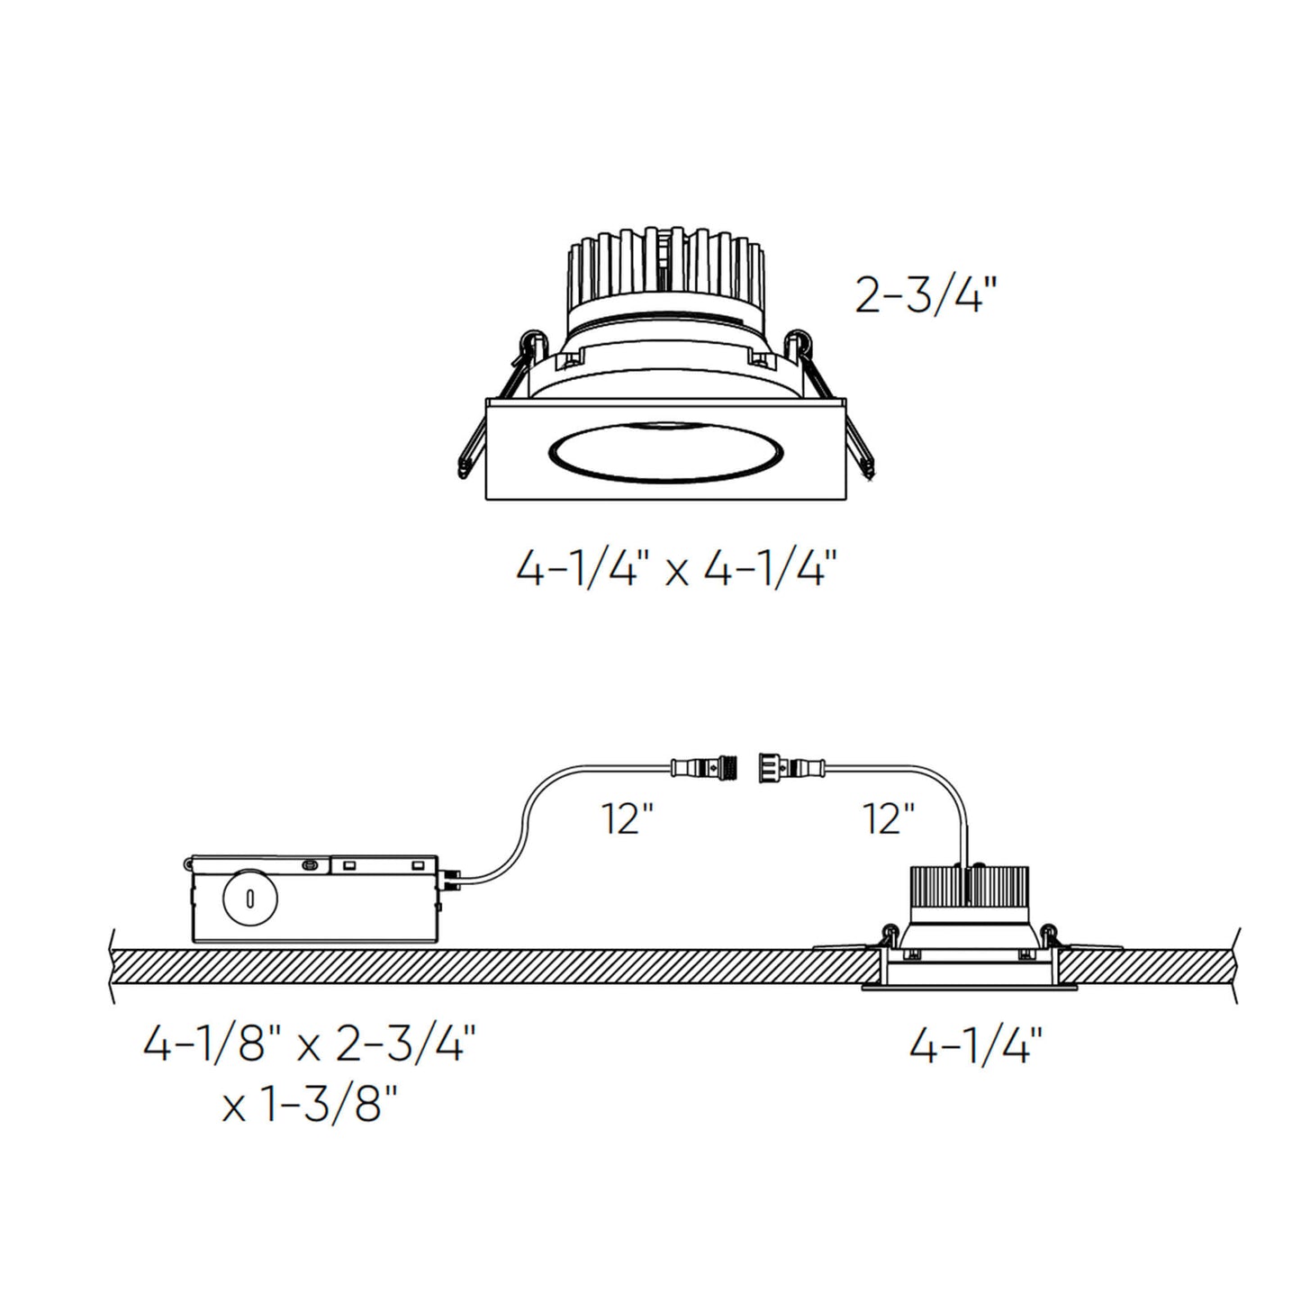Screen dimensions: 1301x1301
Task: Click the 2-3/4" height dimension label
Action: click(926, 294)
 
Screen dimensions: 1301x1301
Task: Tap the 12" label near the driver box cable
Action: click(628, 818)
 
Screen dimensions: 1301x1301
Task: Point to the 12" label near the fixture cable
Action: click(890, 818)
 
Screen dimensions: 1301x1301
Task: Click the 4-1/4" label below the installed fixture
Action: click(976, 1047)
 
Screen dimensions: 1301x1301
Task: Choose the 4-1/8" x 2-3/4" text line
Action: click(309, 1047)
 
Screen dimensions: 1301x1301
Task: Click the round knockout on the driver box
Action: click(250, 897)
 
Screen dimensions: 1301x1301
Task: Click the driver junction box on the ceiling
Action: click(315, 898)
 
